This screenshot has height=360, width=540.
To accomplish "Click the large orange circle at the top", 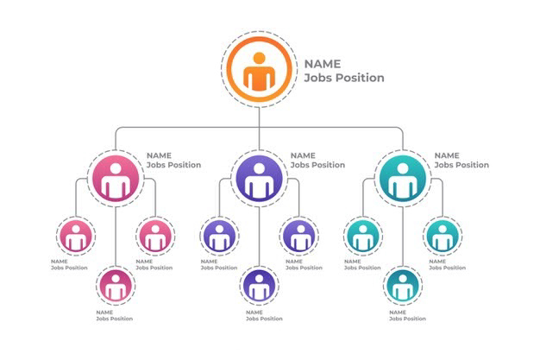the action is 260,69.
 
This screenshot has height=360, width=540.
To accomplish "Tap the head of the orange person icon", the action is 260,58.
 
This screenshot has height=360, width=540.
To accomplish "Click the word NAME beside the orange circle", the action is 323,64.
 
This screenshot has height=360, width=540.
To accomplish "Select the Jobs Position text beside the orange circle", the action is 344,78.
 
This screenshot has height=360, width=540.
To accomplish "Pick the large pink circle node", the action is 116,179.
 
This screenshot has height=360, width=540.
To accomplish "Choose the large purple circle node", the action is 260,179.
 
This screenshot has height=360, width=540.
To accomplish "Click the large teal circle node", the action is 403,179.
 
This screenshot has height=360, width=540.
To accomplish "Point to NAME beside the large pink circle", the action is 159,155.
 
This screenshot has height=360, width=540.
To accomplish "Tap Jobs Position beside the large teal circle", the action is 462,165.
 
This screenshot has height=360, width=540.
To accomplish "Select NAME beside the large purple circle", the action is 303,155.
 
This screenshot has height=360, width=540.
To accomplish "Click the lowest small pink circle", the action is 116,286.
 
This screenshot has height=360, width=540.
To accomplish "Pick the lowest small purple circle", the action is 260,286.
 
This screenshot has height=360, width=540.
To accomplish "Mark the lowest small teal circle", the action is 403,286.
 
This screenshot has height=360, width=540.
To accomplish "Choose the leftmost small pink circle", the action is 76,237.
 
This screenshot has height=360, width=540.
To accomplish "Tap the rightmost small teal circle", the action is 443,237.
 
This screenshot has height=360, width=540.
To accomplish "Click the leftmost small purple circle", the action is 219,237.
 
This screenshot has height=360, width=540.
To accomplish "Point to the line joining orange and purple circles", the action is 260,129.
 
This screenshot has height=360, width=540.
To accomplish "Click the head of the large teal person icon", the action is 403,168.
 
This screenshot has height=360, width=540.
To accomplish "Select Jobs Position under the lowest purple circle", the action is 264,319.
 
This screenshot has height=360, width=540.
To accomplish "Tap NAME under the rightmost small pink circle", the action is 144,262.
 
